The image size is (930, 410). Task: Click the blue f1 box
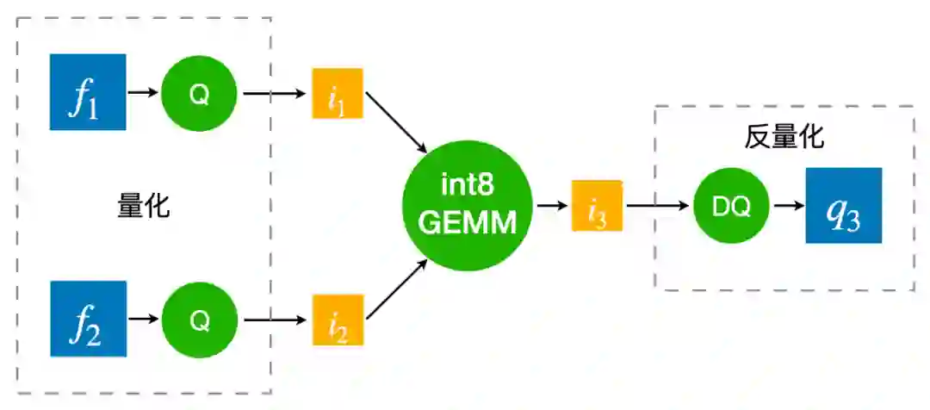[88, 92]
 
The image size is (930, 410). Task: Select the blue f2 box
[88, 319]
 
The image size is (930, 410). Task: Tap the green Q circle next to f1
[199, 93]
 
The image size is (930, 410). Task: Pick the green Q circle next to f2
[199, 320]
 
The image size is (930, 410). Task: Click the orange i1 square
[338, 93]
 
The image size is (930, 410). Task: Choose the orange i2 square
[338, 320]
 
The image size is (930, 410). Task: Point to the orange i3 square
[597, 206]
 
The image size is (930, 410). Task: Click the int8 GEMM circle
[467, 206]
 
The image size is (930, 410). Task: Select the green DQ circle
[731, 206]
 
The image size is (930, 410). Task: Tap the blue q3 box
[844, 206]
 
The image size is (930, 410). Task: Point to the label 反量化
[784, 137]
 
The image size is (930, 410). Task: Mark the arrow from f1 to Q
[143, 92]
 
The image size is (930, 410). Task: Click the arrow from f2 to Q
[143, 320]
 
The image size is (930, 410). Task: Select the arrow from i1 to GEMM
[397, 125]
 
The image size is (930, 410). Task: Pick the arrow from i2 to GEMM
[397, 290]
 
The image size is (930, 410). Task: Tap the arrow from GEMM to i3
[551, 206]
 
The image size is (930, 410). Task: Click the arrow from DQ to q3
[786, 206]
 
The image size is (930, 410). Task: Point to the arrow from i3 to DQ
[658, 206]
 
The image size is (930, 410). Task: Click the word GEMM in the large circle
[467, 223]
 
